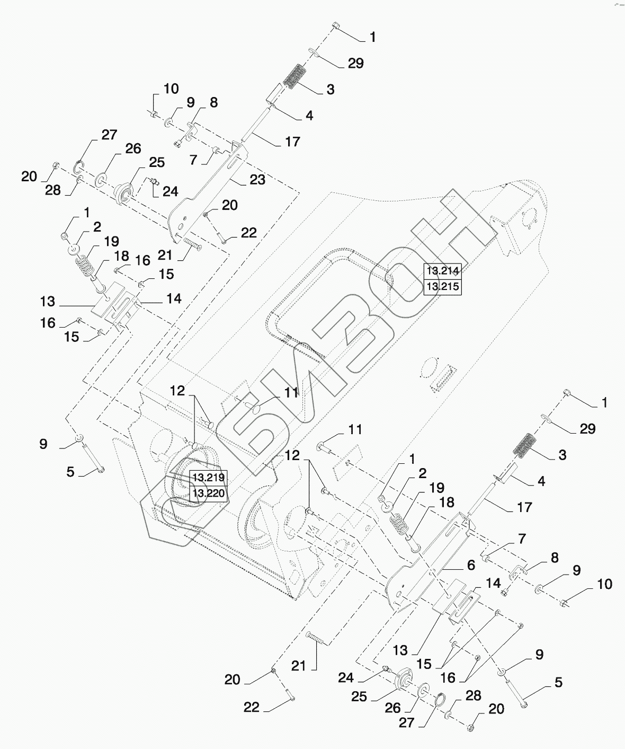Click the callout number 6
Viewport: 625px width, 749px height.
(470, 565)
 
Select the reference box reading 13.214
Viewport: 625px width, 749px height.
(443, 271)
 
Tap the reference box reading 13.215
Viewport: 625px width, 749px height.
(443, 287)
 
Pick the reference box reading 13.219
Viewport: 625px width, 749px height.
(208, 477)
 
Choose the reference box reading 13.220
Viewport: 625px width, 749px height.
(208, 494)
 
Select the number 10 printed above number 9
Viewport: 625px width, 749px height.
(171, 88)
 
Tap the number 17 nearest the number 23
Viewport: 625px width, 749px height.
(292, 142)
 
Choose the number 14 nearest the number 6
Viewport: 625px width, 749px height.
(493, 584)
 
